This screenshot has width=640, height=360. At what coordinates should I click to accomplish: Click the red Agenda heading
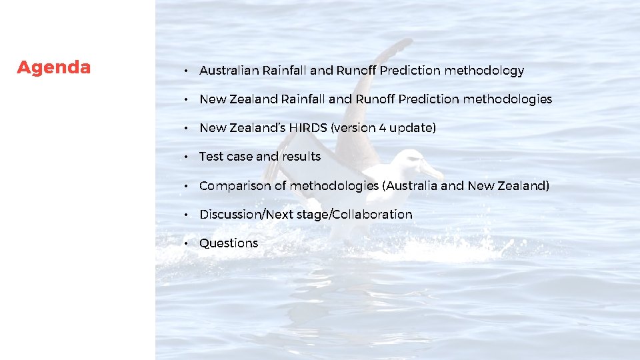(54, 68)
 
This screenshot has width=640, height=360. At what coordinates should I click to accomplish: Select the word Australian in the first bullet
(229, 71)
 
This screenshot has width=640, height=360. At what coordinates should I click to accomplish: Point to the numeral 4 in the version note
(383, 128)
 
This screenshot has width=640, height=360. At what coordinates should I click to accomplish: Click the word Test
(211, 157)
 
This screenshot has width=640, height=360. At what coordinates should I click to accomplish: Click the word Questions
(229, 243)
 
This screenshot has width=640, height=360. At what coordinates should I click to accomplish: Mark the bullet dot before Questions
(188, 243)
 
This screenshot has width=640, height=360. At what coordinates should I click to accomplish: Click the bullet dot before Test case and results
(188, 157)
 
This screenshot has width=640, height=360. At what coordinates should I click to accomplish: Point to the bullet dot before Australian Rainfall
(188, 71)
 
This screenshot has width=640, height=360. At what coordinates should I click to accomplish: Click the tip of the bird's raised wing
(405, 43)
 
